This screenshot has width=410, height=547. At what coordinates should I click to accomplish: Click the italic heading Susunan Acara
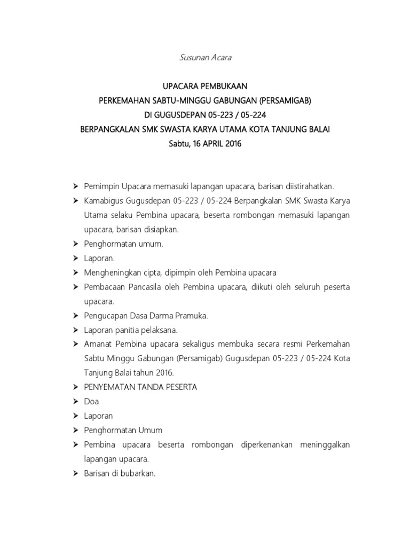205,58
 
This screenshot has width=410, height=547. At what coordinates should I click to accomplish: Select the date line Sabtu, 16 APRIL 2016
205,144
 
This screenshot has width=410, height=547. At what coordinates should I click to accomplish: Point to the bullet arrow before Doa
75,401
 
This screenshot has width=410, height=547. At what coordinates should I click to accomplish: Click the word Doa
91,401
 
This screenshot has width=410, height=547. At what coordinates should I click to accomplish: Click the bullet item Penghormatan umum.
123,244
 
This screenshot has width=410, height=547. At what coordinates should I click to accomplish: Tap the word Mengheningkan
110,272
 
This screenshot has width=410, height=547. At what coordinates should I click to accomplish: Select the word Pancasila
141,287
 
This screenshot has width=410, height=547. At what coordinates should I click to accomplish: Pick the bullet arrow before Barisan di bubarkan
75,473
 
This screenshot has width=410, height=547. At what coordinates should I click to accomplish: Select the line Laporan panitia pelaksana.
131,330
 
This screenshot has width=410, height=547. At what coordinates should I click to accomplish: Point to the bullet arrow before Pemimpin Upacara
75,186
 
